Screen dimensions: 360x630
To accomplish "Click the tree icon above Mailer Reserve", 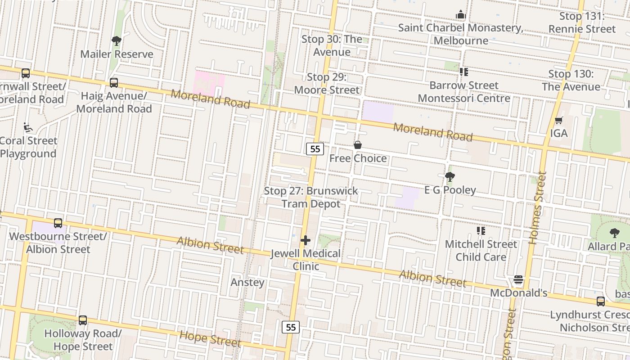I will [117, 41].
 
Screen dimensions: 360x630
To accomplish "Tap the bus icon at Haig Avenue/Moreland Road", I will [114, 83].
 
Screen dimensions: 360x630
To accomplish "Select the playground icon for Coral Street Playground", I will [28, 128].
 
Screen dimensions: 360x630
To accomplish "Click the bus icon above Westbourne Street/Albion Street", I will [58, 223].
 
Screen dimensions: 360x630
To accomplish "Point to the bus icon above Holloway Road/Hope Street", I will [83, 320].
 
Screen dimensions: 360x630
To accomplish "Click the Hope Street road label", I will [210, 338].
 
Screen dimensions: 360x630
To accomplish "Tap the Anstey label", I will [247, 283].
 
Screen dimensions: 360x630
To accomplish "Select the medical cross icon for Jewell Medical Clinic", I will [306, 240].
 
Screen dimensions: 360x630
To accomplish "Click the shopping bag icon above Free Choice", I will [358, 145].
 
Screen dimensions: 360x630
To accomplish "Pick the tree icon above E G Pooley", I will [450, 177].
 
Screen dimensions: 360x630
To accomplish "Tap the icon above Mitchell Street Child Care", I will [481, 231].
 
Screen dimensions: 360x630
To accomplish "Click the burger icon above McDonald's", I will [518, 280].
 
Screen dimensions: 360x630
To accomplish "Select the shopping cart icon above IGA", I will [558, 120].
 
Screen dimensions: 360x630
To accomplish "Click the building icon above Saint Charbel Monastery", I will [460, 15].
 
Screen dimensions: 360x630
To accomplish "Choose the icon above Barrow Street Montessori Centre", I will [464, 72].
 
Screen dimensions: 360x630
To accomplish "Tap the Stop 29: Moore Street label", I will [327, 83].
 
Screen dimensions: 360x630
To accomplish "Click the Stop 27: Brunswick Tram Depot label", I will [311, 197].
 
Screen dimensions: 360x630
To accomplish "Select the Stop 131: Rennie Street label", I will [582, 22].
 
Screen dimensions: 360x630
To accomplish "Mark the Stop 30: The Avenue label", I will [332, 45].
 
